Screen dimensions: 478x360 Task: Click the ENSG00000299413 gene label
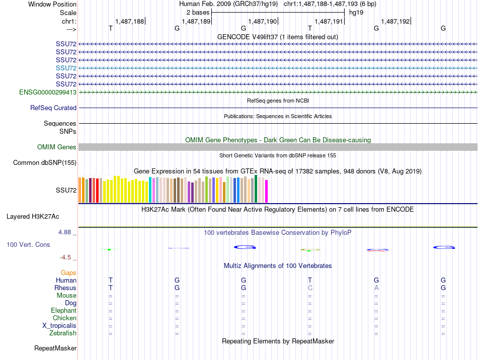[x=48, y=93]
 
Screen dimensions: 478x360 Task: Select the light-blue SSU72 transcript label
[x=66, y=68]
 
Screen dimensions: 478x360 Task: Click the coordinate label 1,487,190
[x=263, y=21]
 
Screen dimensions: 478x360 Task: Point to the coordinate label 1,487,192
[x=395, y=21]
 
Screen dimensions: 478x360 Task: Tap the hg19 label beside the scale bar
[x=356, y=13]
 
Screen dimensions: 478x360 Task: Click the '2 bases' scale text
[x=198, y=13]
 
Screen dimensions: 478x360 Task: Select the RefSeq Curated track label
[x=53, y=108]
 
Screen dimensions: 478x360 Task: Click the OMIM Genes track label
[x=57, y=147]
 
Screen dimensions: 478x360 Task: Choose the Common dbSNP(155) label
[x=45, y=162]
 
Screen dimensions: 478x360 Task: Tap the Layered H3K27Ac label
[x=33, y=217]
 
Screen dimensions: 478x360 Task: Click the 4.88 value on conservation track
[x=64, y=232]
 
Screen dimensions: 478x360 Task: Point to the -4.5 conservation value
[x=65, y=257]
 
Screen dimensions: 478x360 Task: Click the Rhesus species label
[x=65, y=288]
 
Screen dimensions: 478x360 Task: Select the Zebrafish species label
[x=63, y=333]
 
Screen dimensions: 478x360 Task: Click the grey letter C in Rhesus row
[x=310, y=288]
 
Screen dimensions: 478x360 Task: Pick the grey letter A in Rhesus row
[x=376, y=288]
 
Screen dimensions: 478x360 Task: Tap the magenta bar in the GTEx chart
[x=267, y=191]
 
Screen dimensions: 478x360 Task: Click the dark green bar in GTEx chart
[x=256, y=189]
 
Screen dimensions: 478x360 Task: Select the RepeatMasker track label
[x=55, y=348]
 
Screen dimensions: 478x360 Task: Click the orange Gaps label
[x=68, y=273]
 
